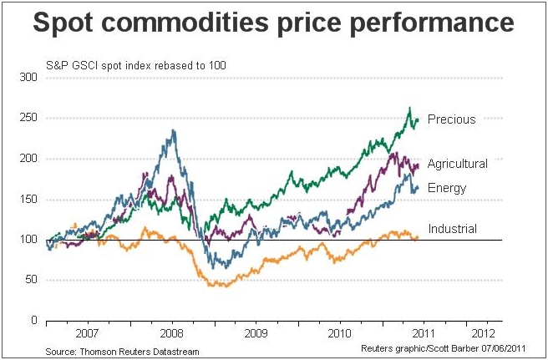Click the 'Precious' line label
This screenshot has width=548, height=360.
(x=451, y=119)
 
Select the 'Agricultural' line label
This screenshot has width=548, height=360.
(x=457, y=164)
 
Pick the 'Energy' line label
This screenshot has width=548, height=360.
(x=447, y=188)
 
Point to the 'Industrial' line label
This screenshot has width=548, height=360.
(x=452, y=229)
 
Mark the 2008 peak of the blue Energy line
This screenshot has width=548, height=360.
(x=173, y=130)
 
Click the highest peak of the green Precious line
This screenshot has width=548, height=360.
(x=409, y=108)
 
